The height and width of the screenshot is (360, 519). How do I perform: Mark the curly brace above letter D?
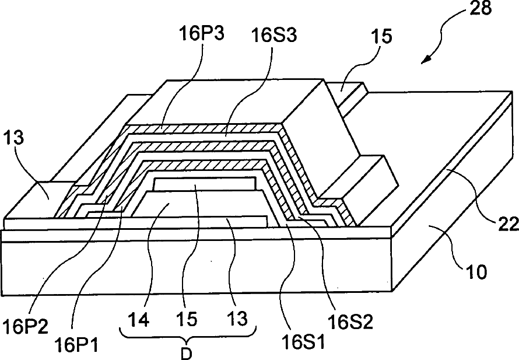pyautogui.click(x=187, y=335)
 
